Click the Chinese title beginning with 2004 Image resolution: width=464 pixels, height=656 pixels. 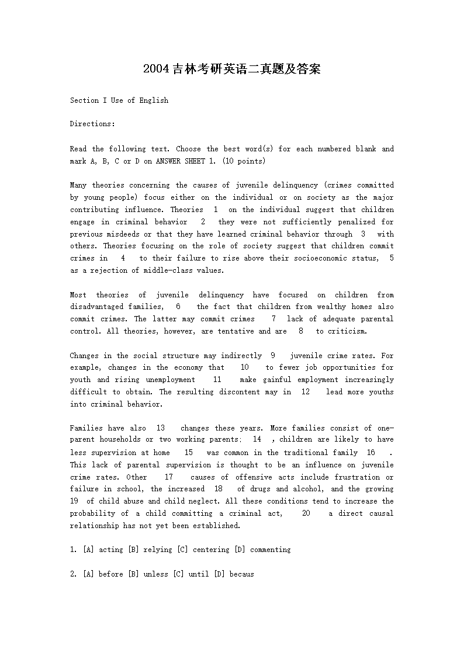232,70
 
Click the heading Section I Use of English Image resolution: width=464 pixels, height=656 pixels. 119,100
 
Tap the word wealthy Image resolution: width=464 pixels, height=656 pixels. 331,307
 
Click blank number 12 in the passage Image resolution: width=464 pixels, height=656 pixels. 306,392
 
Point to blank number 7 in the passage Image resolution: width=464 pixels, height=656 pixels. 273,319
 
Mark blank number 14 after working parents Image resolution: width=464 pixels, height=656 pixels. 257,439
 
